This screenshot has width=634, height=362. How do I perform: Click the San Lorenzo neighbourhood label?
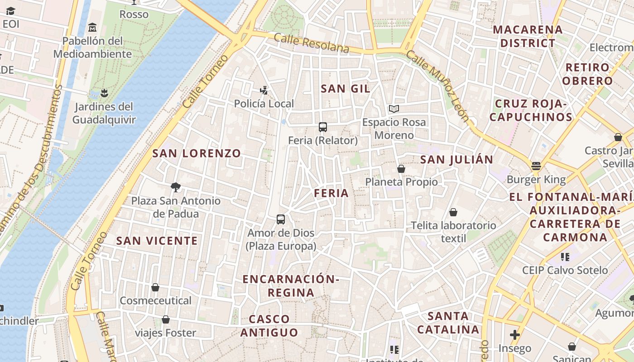197,153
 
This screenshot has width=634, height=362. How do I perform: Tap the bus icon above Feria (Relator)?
323,127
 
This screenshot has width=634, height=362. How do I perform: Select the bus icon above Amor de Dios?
281,219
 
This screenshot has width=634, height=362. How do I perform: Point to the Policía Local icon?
264,90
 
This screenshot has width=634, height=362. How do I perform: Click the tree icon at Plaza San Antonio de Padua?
176,187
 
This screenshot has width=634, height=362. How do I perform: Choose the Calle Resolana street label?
312,43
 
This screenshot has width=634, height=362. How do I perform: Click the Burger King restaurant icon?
536,166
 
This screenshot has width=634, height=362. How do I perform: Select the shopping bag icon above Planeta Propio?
401,169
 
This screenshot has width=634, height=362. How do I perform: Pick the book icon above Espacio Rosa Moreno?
394,109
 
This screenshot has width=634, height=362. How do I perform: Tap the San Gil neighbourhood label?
346,89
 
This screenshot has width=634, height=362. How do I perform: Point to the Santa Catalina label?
448,323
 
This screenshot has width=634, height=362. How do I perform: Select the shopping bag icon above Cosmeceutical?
155,287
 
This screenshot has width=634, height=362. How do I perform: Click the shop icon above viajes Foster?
166,320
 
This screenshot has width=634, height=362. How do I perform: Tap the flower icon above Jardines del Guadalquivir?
104,93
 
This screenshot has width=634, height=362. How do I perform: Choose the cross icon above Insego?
514,335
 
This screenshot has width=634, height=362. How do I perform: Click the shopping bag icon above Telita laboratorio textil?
453,212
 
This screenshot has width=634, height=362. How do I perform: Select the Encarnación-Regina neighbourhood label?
291,286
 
